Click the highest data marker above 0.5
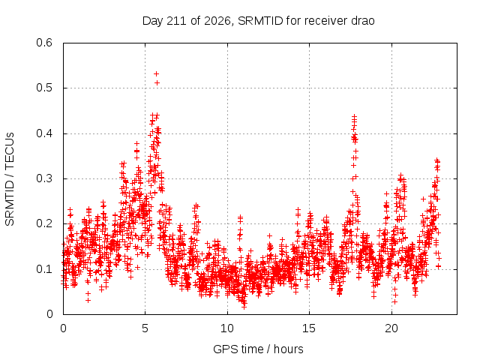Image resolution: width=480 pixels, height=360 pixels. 157,73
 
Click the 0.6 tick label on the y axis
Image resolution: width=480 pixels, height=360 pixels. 44,43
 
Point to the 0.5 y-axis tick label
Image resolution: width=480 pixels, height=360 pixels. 44,88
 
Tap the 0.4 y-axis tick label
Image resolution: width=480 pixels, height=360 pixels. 44,133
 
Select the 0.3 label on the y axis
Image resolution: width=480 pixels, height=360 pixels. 44,178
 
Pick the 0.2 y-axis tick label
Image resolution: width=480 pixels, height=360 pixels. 44,223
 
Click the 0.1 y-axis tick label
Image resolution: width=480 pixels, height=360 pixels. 44,269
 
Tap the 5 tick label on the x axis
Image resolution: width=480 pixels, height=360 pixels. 145,328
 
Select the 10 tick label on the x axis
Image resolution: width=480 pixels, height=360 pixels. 227,328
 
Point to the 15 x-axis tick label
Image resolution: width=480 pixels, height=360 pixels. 309,328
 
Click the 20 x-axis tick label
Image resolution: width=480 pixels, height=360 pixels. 391,328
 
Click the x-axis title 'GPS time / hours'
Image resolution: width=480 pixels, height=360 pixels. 258,349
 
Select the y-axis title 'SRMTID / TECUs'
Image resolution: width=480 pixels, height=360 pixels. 10,179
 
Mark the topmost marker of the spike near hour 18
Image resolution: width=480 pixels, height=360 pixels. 354,116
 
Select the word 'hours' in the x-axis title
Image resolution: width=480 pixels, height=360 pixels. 289,349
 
